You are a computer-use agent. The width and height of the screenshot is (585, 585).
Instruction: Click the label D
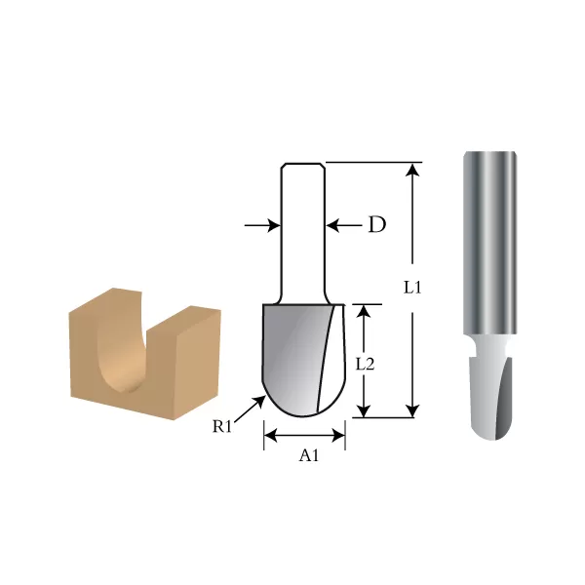(x=376, y=225)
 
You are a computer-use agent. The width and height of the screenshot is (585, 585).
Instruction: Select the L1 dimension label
(x=413, y=289)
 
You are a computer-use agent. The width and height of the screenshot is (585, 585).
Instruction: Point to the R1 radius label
(x=223, y=426)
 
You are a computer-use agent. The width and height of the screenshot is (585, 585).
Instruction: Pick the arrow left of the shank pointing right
(x=262, y=225)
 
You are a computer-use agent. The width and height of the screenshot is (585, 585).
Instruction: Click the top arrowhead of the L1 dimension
(x=413, y=171)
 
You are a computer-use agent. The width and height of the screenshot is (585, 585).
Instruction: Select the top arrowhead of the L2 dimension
(x=365, y=313)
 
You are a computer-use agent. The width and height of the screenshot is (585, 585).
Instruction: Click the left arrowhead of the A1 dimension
(x=271, y=435)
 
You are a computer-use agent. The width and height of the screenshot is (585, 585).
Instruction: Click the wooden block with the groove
(x=144, y=356)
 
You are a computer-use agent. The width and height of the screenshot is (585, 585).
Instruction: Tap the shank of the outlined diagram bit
(x=302, y=234)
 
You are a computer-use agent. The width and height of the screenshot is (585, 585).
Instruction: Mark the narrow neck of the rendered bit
(x=487, y=345)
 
